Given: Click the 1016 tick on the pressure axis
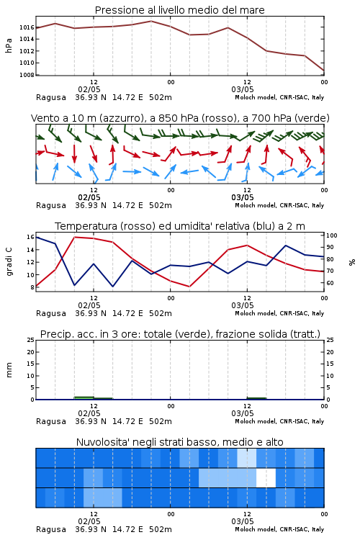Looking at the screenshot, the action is pos(27,27).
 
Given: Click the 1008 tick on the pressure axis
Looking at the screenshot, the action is pos(27,75).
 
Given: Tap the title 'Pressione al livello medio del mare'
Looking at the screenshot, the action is pos(179,10).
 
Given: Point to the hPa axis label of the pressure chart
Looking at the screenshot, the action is pos(9,45).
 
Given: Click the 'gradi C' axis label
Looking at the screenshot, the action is pos(9,262).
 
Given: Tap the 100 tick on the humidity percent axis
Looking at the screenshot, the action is pos(332,235).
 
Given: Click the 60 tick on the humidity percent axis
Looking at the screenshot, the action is pos(330,283).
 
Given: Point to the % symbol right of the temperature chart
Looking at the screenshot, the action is pos(352,262).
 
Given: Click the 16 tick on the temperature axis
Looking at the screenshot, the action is pos(30,237).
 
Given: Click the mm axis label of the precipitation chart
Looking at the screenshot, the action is pos(9,370).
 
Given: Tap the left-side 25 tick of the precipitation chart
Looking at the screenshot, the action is pos(30,340).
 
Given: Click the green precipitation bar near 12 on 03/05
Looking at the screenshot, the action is pos(256,398).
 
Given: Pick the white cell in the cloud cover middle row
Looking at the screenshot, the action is pos(266,477).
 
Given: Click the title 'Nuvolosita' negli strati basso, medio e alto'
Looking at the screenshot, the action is pos(179,442).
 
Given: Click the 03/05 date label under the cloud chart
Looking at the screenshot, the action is pos(243,521).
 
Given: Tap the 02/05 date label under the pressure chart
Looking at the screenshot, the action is pos(89,89).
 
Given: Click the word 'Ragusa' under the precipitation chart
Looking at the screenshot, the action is pos(51,421).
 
